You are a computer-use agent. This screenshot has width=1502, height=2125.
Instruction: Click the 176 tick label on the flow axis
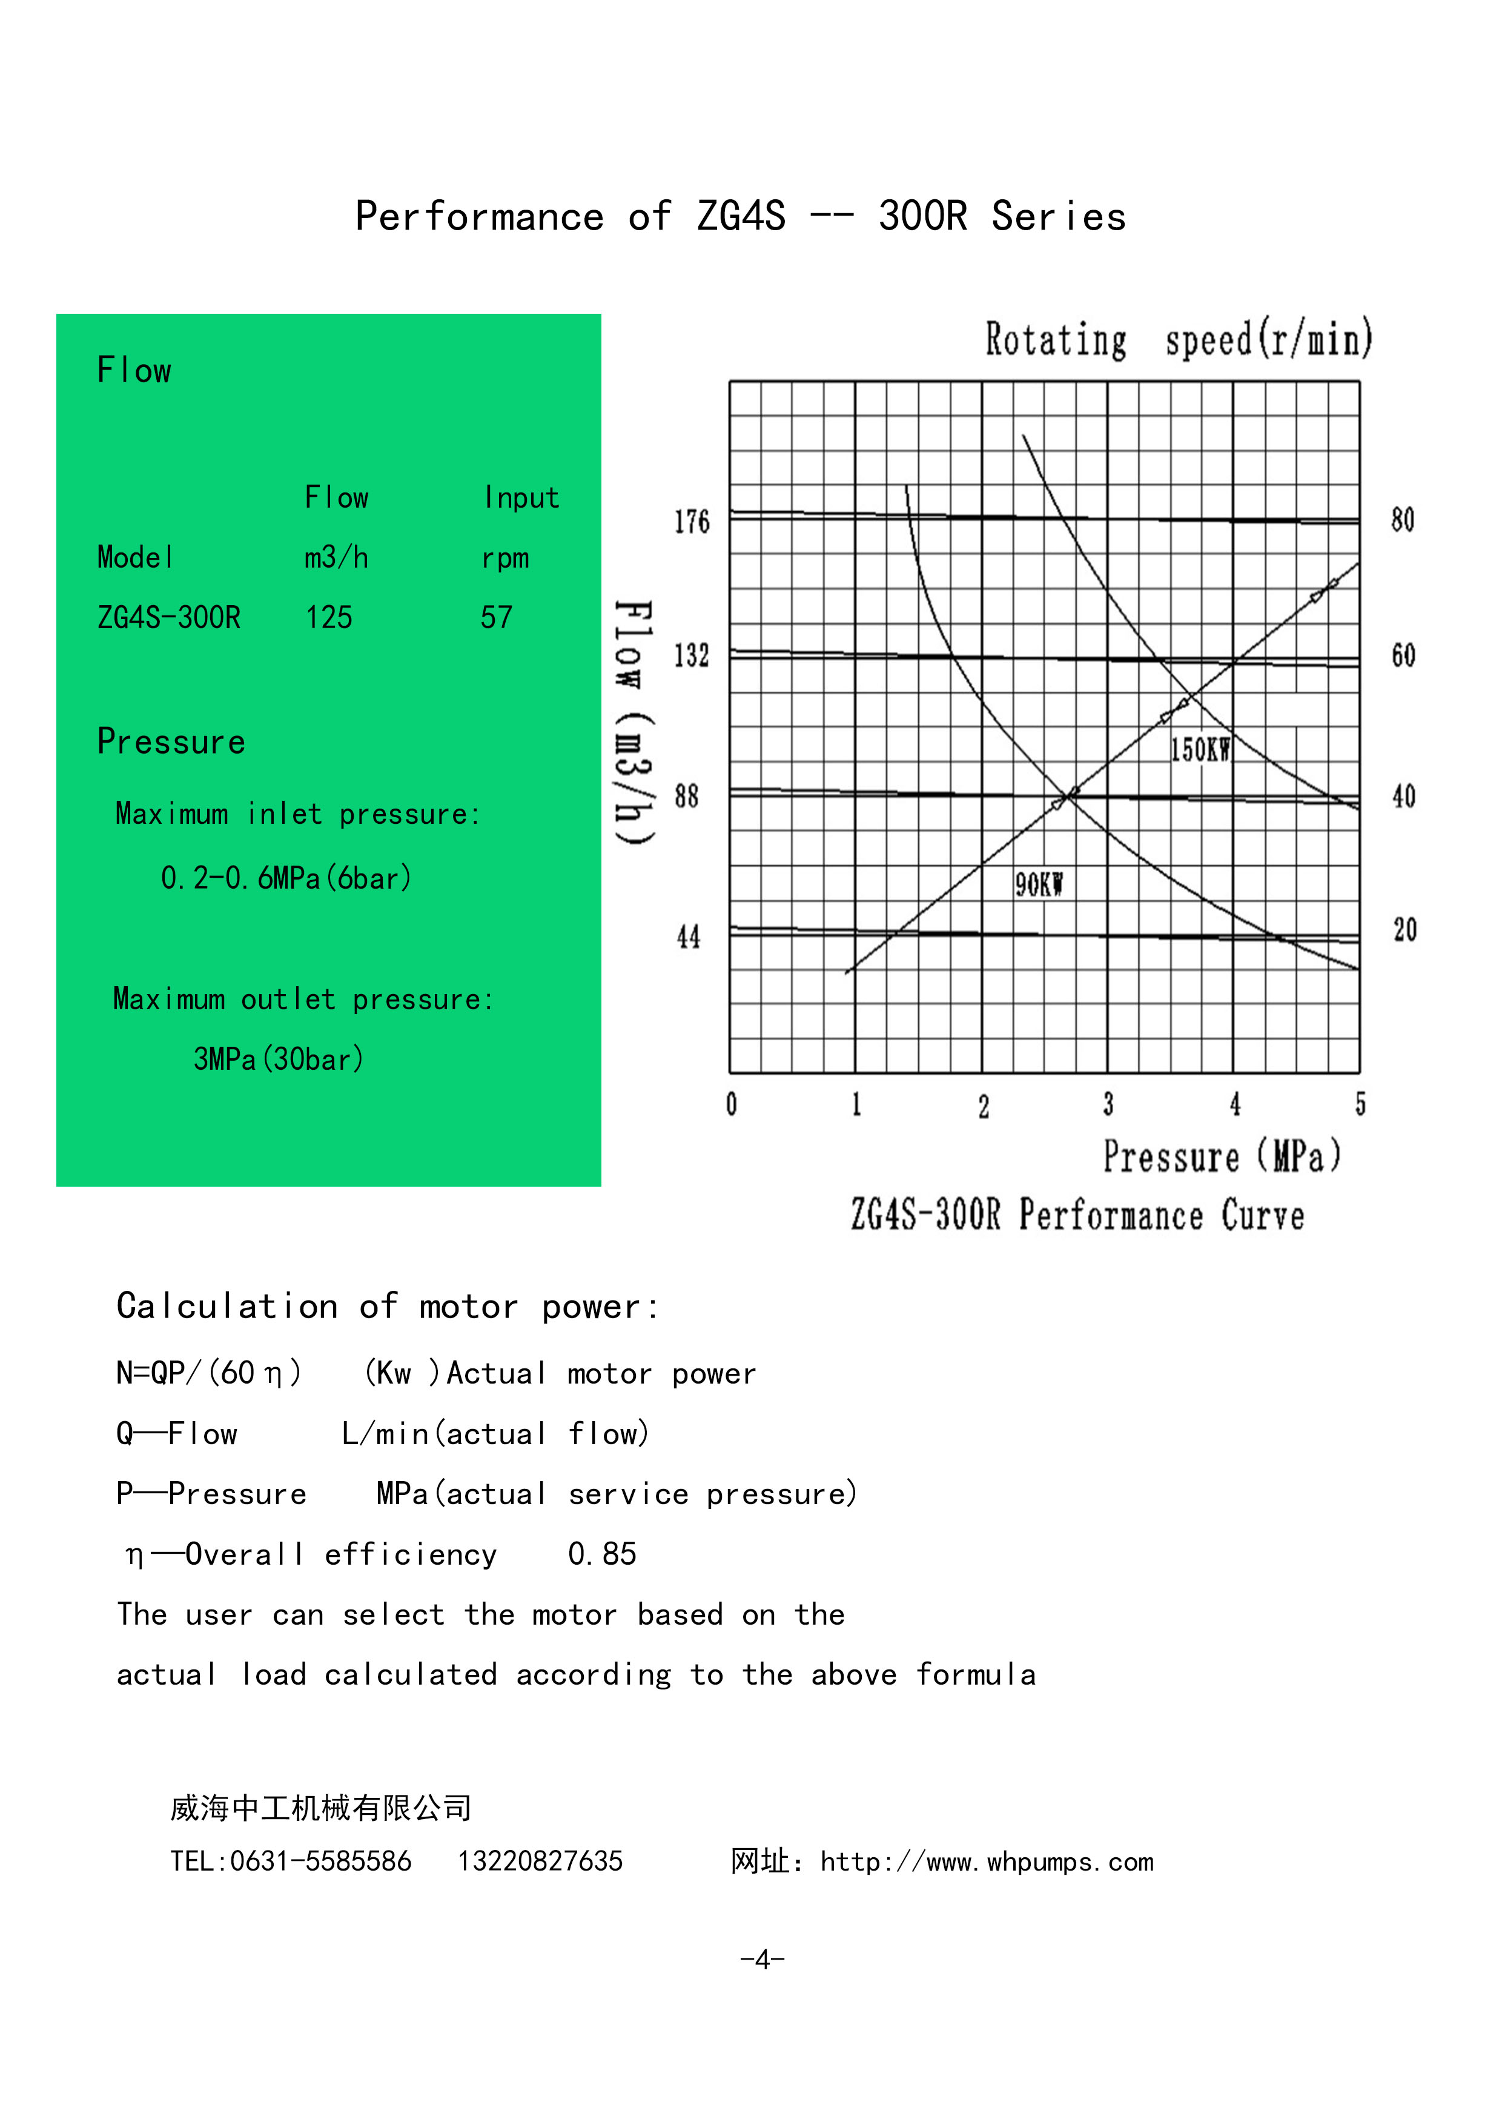[691, 522]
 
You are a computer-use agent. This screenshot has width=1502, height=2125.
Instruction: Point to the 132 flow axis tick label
[691, 656]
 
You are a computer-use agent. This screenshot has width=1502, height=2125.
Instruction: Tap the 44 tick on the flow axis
[687, 937]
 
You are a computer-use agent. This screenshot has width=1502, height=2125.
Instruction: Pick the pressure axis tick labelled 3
[1108, 1104]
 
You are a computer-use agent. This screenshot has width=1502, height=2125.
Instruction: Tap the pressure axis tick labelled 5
[1360, 1104]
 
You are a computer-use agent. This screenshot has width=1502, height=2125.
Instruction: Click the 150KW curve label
[1199, 750]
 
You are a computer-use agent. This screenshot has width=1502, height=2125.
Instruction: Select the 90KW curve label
[1038, 886]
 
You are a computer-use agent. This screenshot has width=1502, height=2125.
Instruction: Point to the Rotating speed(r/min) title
[1177, 340]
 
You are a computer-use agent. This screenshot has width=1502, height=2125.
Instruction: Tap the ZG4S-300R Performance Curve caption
[1077, 1215]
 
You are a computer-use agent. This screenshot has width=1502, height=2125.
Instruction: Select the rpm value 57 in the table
[496, 617]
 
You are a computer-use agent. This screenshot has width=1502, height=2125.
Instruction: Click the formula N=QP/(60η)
[209, 1373]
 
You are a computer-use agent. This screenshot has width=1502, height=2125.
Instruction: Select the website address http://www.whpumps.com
[987, 1861]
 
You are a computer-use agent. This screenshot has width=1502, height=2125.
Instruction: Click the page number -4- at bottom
[762, 1960]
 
